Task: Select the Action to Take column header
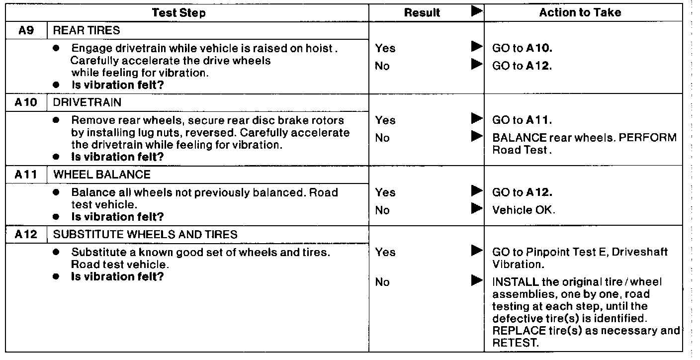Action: [580, 13]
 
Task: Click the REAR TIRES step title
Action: [86, 30]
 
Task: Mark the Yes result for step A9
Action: [385, 48]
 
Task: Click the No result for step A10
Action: [382, 138]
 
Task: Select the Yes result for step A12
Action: [385, 252]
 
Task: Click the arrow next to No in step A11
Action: [476, 209]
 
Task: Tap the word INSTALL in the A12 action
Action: [512, 282]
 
